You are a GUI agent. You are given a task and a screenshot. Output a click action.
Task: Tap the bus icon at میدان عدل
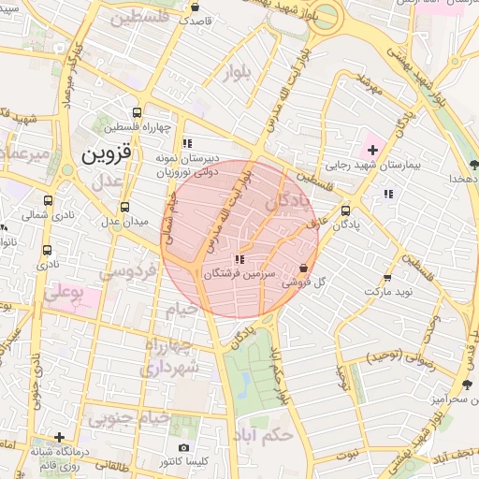click(x=124, y=207)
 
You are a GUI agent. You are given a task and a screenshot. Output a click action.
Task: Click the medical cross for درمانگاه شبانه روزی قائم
click(x=60, y=437)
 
